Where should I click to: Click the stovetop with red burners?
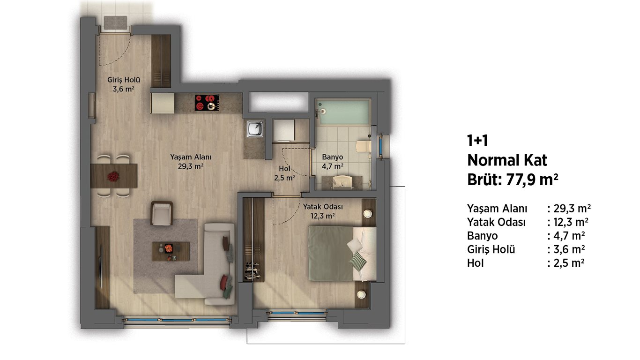coord(208,102)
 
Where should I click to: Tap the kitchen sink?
coord(255,129)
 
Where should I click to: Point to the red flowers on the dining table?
coord(113,176)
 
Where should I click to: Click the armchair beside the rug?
coord(162,213)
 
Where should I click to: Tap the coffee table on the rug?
coord(171,251)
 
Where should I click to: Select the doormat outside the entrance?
coord(115,23)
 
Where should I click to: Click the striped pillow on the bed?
coord(357,261)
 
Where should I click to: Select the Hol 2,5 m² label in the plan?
coord(285,173)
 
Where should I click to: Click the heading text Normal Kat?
coord(507,160)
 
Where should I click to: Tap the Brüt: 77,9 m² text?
coord(513,180)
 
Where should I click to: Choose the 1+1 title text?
coord(477,141)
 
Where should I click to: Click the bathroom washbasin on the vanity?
coord(342,182)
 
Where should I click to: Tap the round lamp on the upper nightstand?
coord(368,213)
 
